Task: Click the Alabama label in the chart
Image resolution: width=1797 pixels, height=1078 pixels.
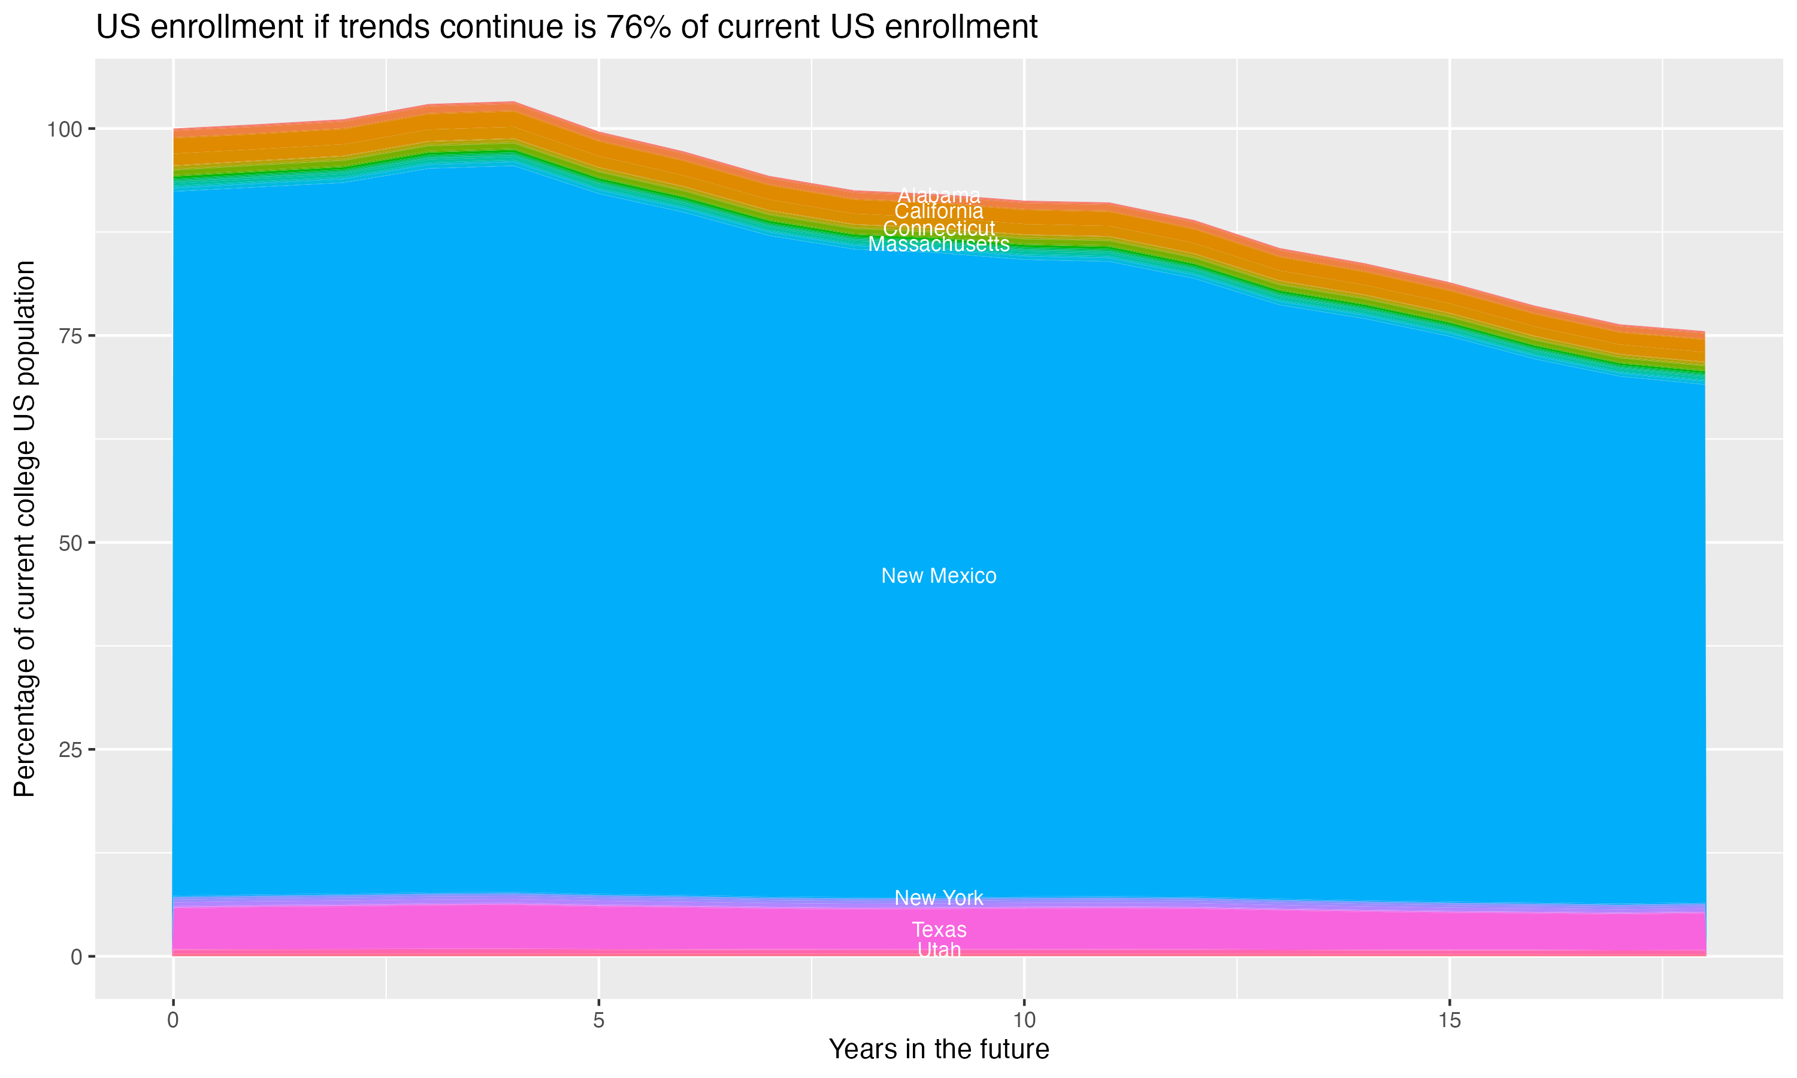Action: [939, 195]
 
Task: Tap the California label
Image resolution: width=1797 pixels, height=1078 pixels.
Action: [939, 211]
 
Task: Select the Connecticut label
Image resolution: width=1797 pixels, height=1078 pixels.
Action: [939, 228]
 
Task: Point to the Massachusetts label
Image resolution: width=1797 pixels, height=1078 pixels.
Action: [939, 244]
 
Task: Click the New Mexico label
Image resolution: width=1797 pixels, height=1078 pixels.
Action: [939, 576]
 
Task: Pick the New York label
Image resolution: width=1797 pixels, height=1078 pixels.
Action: [939, 898]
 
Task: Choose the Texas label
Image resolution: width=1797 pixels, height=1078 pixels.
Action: [939, 930]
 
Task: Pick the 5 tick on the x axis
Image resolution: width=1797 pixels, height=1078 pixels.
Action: [598, 1021]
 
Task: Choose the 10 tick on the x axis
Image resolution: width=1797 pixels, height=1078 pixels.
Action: [1024, 1021]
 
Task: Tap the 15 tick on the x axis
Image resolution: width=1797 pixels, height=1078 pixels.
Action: [1449, 1021]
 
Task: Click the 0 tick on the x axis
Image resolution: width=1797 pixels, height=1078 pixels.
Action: [173, 1021]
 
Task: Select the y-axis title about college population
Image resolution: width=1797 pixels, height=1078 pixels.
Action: [25, 529]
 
